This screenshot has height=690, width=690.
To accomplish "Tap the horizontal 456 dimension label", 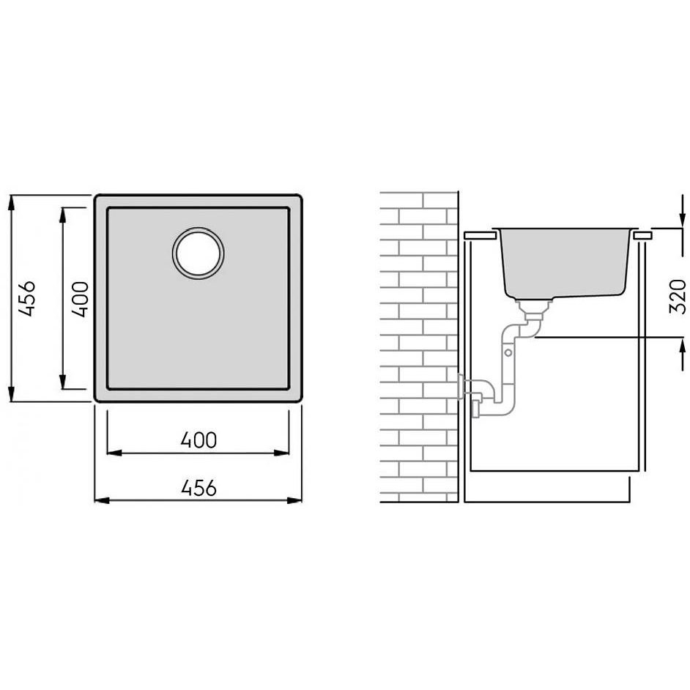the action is (199, 488).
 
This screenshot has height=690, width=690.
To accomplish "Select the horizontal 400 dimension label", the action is (199, 440).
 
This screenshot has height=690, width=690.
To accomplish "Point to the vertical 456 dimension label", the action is (27, 298).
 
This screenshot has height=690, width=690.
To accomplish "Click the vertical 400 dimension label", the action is (80, 300).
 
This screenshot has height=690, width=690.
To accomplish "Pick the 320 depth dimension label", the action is (678, 297).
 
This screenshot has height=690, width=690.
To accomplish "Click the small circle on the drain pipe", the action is (508, 352).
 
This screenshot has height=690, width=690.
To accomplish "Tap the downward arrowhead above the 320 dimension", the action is (683, 219).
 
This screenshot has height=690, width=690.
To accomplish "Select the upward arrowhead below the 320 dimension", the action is (683, 346).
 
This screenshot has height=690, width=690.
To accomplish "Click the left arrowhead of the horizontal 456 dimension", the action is (102, 500).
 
